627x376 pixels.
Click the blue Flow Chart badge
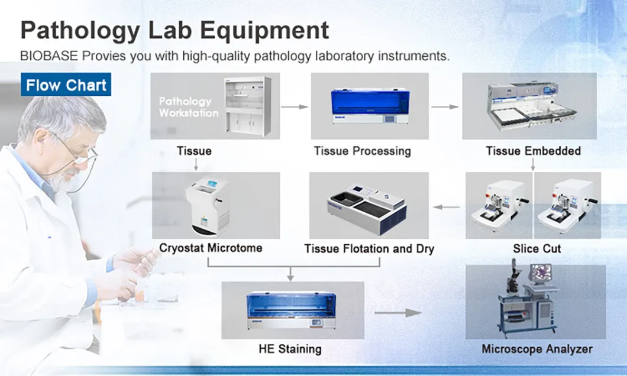coord(66,85)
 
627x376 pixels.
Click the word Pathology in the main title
coord(79,30)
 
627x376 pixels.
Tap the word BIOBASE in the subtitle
coord(49,57)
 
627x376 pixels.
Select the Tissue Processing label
coord(362,151)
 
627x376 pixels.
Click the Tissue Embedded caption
coord(533,151)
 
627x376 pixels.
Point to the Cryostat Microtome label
coord(211,248)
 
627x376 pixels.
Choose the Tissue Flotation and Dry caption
coord(369,249)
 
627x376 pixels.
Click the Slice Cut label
coord(536,249)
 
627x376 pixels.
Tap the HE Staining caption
coord(290,349)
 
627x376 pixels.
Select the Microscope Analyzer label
coord(536,349)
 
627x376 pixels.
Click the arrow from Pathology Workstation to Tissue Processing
coord(295,107)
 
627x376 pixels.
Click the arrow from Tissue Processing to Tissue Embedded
coord(445,107)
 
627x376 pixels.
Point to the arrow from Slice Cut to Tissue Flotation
coord(447,207)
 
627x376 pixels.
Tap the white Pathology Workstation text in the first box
coord(188,107)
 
